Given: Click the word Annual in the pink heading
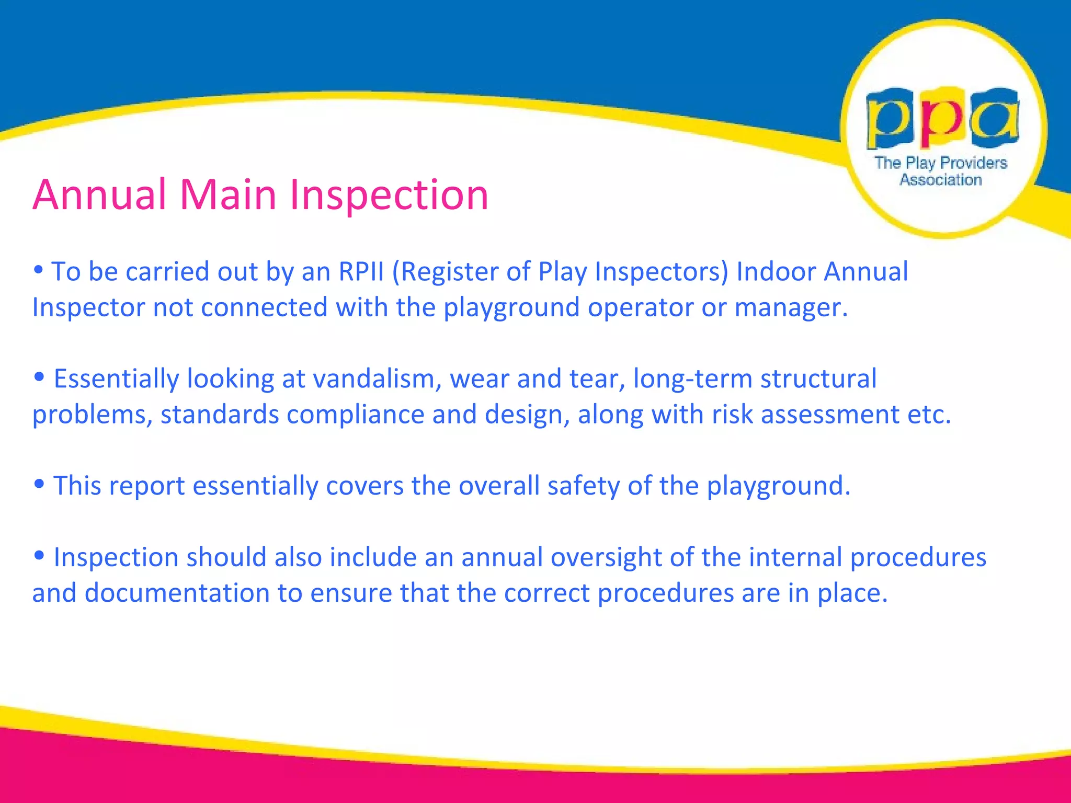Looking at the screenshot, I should (x=99, y=195).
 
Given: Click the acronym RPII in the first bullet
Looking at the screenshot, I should (x=361, y=272).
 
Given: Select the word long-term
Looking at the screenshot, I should (x=692, y=379).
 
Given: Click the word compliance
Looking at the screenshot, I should (x=355, y=415).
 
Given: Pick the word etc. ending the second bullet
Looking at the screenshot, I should (x=929, y=415).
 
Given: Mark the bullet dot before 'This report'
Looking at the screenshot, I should (x=38, y=484).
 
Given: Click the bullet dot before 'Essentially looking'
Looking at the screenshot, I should (x=38, y=377).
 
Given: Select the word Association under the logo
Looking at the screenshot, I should (x=940, y=180).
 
